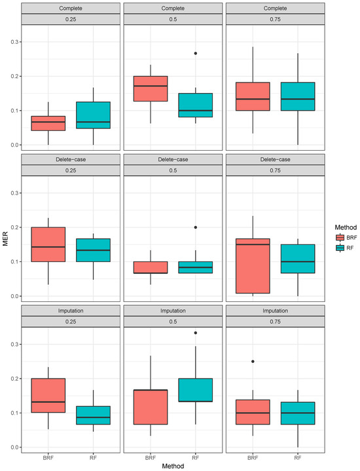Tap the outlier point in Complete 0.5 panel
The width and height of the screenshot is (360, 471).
pos(195,53)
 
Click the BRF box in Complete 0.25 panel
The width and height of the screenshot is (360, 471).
pos(48,123)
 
